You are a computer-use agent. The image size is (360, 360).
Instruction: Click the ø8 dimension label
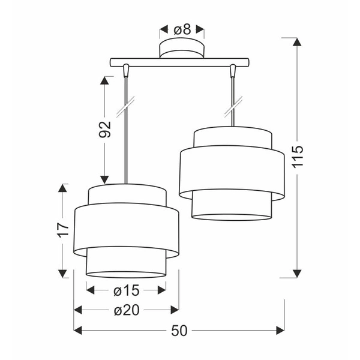181,28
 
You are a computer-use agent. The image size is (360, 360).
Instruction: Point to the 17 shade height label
62,231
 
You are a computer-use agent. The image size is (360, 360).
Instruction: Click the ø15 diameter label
126,290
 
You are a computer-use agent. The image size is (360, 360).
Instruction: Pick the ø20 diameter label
126,310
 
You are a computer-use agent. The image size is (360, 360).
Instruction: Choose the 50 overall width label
179,330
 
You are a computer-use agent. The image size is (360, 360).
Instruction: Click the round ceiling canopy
181,49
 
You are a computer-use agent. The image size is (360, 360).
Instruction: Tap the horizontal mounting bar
179,62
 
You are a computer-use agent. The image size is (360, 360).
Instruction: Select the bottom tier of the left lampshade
126,264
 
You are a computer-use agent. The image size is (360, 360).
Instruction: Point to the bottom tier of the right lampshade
232,207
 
